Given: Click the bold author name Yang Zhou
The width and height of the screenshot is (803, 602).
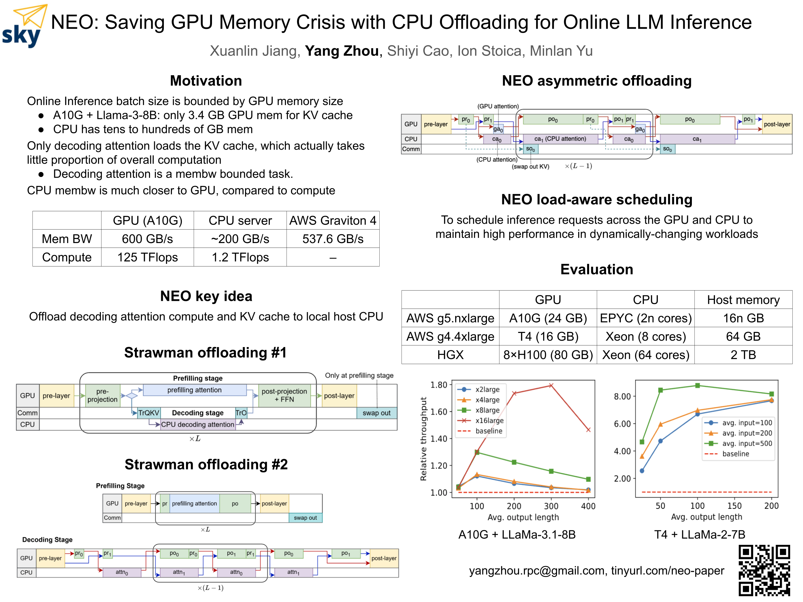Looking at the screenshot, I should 342,51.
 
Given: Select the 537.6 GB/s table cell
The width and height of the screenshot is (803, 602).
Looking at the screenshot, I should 332,239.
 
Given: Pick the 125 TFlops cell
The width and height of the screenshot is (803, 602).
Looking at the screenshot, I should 147,257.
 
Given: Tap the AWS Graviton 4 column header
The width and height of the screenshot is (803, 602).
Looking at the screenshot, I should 332,220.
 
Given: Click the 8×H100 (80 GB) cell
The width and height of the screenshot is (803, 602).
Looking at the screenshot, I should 548,354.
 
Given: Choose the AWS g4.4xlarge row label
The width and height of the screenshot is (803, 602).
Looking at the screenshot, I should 450,336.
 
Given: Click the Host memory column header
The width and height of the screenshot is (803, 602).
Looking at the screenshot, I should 743,300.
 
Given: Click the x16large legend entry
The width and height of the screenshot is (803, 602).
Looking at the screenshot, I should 489,421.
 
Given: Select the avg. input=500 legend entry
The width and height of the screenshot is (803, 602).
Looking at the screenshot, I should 747,443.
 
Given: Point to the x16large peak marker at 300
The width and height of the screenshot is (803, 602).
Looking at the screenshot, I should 551,385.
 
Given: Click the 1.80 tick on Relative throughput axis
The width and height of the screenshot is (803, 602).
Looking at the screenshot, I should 438,385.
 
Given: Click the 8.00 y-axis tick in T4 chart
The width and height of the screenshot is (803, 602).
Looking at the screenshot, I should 622,396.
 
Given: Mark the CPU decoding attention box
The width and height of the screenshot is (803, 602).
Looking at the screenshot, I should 198,424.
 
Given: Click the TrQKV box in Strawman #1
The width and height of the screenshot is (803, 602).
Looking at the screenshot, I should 149,413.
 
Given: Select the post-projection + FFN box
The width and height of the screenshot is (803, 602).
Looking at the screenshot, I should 284,395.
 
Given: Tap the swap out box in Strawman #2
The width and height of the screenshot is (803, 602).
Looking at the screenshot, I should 305,518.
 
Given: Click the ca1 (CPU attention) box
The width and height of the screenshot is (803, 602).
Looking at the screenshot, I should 560,139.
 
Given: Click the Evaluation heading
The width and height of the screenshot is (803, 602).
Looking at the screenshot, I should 596,269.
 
